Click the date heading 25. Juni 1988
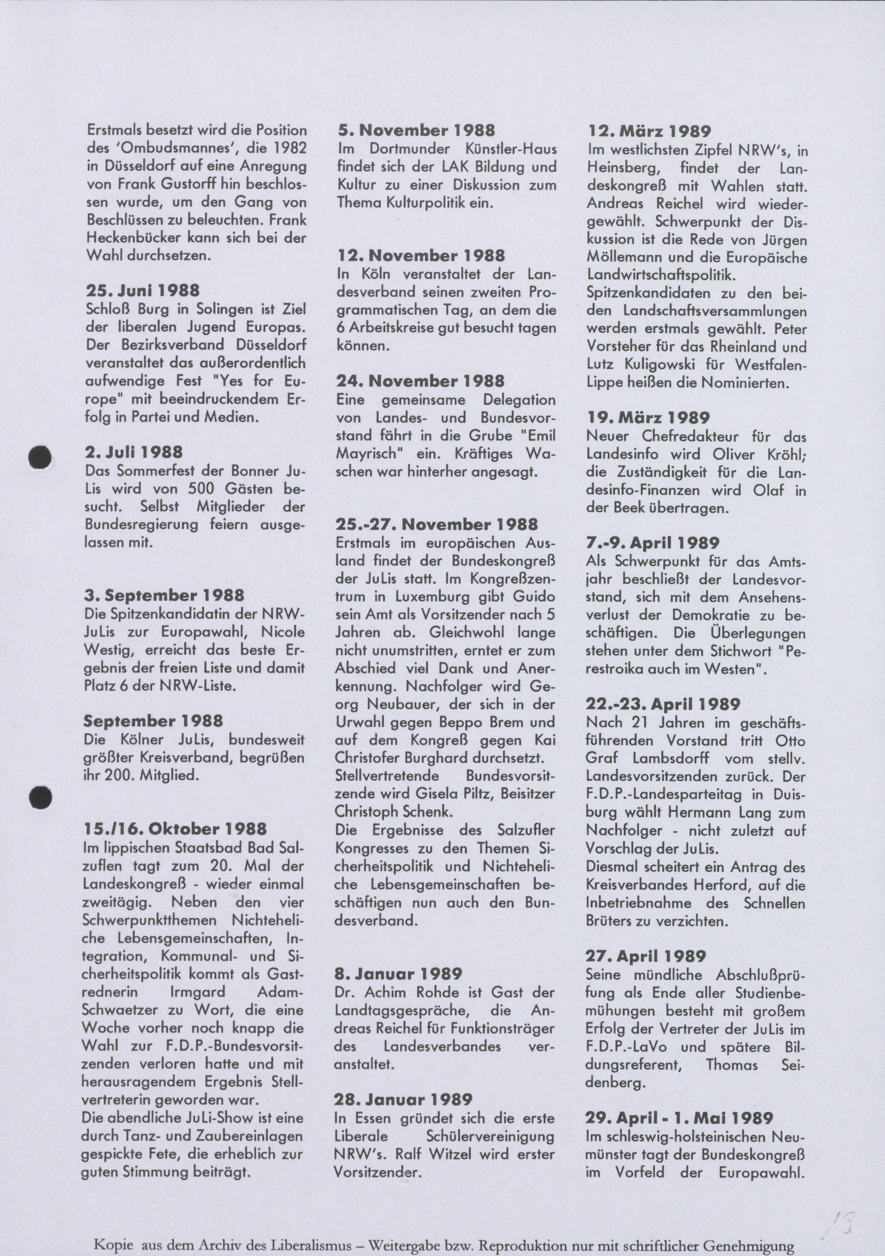(x=143, y=290)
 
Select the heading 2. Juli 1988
(x=134, y=452)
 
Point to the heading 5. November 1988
(x=416, y=130)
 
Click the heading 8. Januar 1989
(x=399, y=974)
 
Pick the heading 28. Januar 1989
(x=403, y=1100)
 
